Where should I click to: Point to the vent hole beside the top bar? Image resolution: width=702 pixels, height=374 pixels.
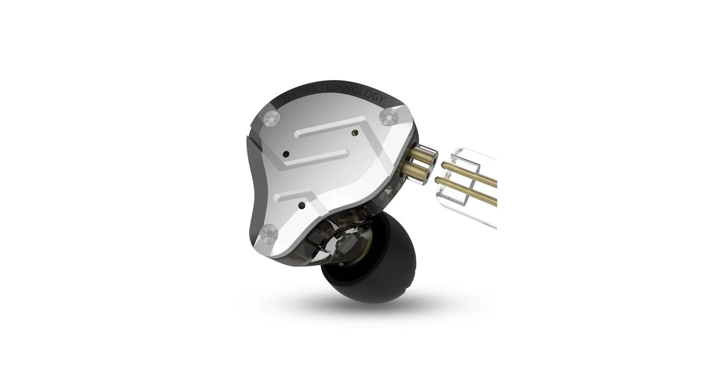tap(354, 134)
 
